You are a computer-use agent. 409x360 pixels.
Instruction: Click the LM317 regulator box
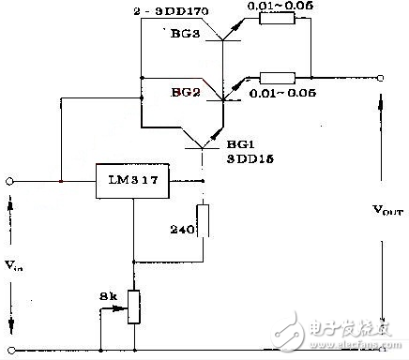coord(134,181)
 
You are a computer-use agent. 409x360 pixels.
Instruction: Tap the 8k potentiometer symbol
coord(135,307)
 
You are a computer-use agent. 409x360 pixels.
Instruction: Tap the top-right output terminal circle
coord(380,79)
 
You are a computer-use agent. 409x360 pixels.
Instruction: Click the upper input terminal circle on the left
coord(11,180)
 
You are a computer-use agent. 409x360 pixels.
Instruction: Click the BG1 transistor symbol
coord(203,141)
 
